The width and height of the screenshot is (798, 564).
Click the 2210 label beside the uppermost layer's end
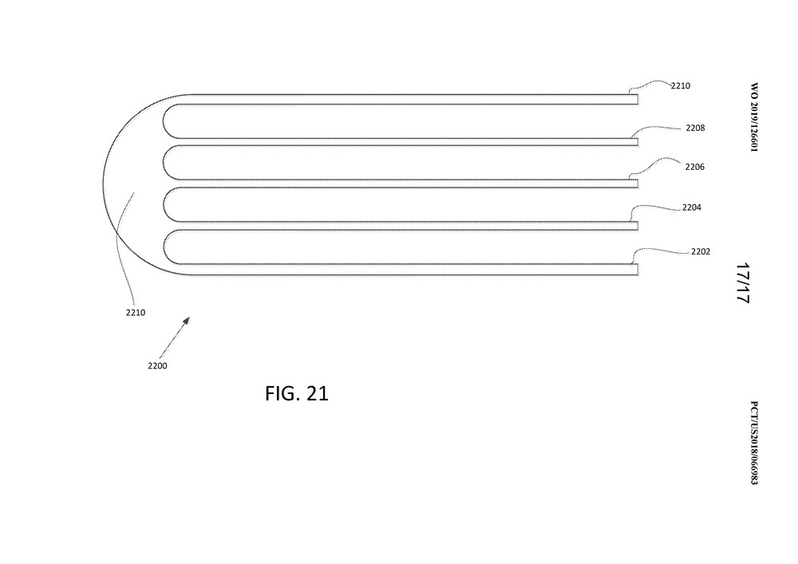[x=681, y=86]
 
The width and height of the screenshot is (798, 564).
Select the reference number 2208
[x=695, y=128]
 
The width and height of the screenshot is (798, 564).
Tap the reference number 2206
[x=695, y=167]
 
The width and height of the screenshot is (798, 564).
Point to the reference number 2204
[x=692, y=207]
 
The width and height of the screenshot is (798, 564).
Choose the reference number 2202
[x=701, y=251]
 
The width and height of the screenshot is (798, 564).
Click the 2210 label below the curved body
[x=136, y=313]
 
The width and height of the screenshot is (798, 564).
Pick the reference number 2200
[x=157, y=365]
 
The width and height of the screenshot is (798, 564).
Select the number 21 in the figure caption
[x=318, y=393]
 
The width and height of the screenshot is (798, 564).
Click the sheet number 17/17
[x=743, y=283]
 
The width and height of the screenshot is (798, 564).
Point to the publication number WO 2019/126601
[x=754, y=117]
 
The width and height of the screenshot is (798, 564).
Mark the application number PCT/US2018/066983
[x=754, y=443]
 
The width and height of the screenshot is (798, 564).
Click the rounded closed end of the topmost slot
[x=164, y=121]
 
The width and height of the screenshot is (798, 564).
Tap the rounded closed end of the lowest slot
[x=164, y=247]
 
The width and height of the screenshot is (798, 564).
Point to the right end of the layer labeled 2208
[x=638, y=142]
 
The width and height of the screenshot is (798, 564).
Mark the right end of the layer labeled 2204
[x=638, y=226]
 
